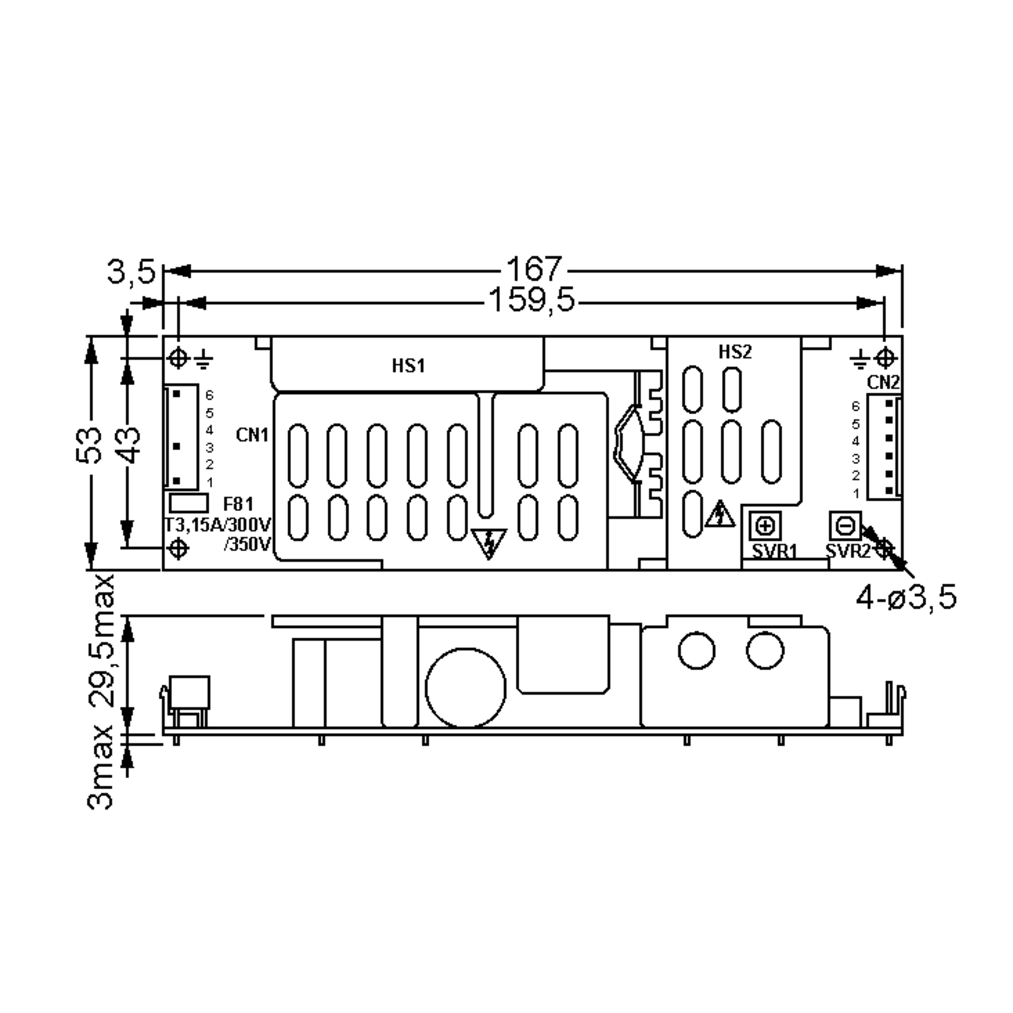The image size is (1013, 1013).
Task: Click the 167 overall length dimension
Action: [533, 270]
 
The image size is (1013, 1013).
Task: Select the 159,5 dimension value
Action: [531, 301]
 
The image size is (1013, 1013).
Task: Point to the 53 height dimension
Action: [89, 445]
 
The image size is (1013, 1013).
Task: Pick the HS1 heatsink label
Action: [409, 366]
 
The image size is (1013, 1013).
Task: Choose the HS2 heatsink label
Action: [734, 352]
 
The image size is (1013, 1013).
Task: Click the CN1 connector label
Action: [252, 435]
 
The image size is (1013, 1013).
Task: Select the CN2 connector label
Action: [883, 383]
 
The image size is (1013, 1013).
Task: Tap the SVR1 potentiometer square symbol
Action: [765, 526]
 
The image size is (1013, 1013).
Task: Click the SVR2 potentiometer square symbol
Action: [845, 525]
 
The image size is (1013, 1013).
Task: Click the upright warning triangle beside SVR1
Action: [720, 515]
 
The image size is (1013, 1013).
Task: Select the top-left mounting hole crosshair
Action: [178, 359]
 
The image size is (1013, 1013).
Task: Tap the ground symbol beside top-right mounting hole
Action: [859, 360]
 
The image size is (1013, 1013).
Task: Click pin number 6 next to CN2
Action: [856, 406]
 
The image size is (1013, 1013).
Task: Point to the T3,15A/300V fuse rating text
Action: [218, 525]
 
